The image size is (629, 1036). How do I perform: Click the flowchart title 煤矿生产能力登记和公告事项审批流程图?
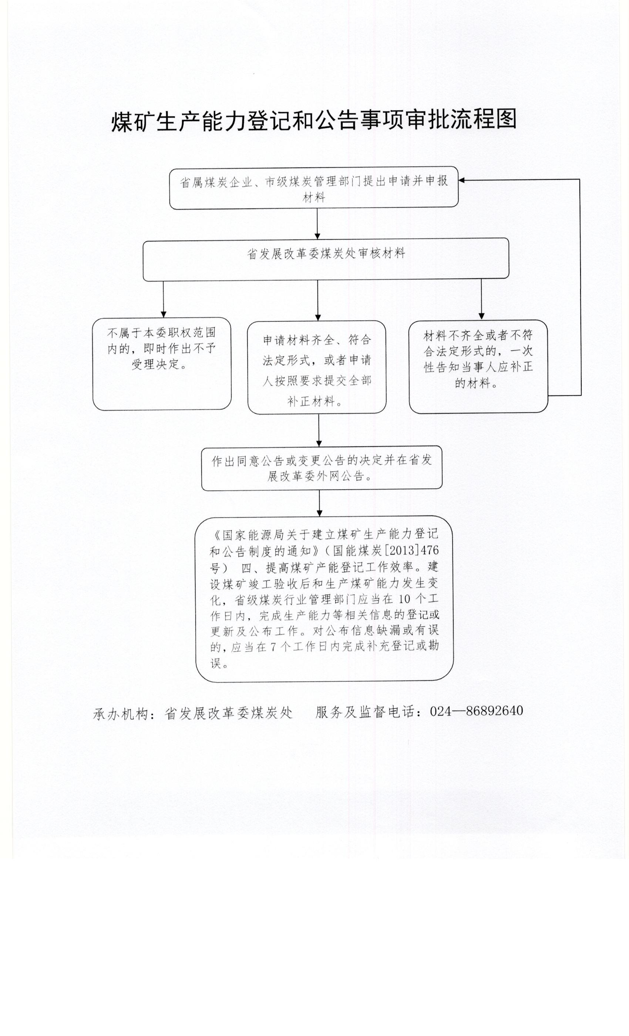pyautogui.click(x=314, y=121)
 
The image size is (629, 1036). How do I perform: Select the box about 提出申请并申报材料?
pyautogui.click(x=314, y=188)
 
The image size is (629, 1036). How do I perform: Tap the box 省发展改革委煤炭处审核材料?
pyautogui.click(x=326, y=259)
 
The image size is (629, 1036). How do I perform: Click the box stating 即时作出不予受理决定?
pyautogui.click(x=162, y=364)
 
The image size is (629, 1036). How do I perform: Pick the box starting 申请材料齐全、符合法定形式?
pyautogui.click(x=317, y=367)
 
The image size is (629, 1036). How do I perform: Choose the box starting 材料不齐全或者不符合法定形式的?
pyautogui.click(x=478, y=366)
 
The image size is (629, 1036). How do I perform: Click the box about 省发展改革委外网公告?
pyautogui.click(x=322, y=468)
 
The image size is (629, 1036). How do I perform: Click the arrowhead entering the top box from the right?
pyautogui.click(x=461, y=180)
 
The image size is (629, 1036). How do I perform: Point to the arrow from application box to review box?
pyautogui.click(x=317, y=224)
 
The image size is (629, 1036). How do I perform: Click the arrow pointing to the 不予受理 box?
pyautogui.click(x=164, y=299)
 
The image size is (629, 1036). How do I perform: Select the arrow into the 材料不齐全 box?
pyautogui.click(x=481, y=299)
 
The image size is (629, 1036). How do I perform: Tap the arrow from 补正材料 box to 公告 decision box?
pyautogui.click(x=319, y=430)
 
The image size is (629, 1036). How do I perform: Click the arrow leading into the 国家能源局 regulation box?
pyautogui.click(x=320, y=503)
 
